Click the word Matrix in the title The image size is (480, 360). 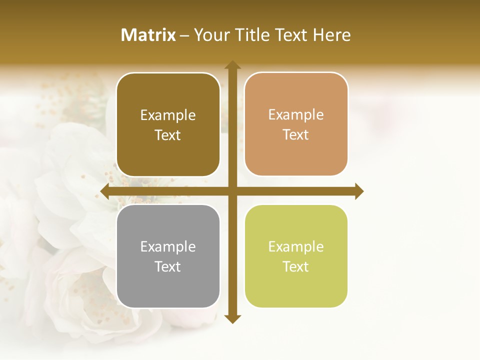(148, 35)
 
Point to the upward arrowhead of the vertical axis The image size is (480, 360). (232, 65)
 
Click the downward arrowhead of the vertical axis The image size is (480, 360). (232, 318)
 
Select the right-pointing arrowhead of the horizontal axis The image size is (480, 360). (358, 191)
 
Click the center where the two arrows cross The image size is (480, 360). (232, 191)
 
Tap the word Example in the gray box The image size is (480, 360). (168, 246)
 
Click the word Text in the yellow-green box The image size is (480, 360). (296, 266)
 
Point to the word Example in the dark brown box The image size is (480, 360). (168, 115)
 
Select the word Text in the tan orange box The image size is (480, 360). (296, 134)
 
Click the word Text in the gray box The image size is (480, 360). (168, 266)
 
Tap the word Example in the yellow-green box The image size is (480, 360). (296, 246)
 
